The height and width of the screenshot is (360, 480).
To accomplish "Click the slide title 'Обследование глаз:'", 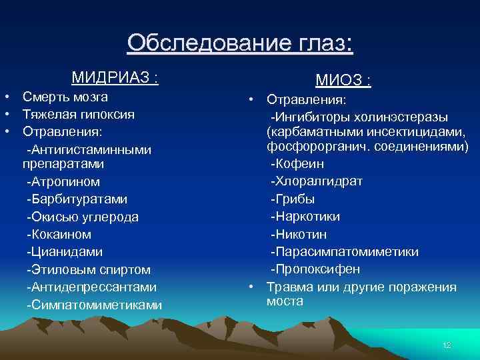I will (240, 43).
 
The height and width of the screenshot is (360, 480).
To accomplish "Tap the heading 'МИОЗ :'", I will (343, 81).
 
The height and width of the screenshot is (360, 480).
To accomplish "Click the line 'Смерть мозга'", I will (65, 97).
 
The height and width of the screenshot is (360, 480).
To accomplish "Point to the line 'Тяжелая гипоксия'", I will (78, 115).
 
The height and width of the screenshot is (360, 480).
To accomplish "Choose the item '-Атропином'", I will (63, 181).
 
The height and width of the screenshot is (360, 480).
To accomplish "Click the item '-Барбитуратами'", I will (77, 199).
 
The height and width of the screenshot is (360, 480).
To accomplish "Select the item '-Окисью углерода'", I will (82, 217).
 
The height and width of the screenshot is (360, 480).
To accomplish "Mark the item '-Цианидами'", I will (65, 252).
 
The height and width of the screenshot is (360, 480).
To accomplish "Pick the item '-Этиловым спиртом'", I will (88, 270).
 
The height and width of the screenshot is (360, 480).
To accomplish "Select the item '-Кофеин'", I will (297, 163).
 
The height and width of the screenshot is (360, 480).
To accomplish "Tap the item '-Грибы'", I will (292, 199).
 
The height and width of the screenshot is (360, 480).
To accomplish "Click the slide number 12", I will (447, 345).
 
